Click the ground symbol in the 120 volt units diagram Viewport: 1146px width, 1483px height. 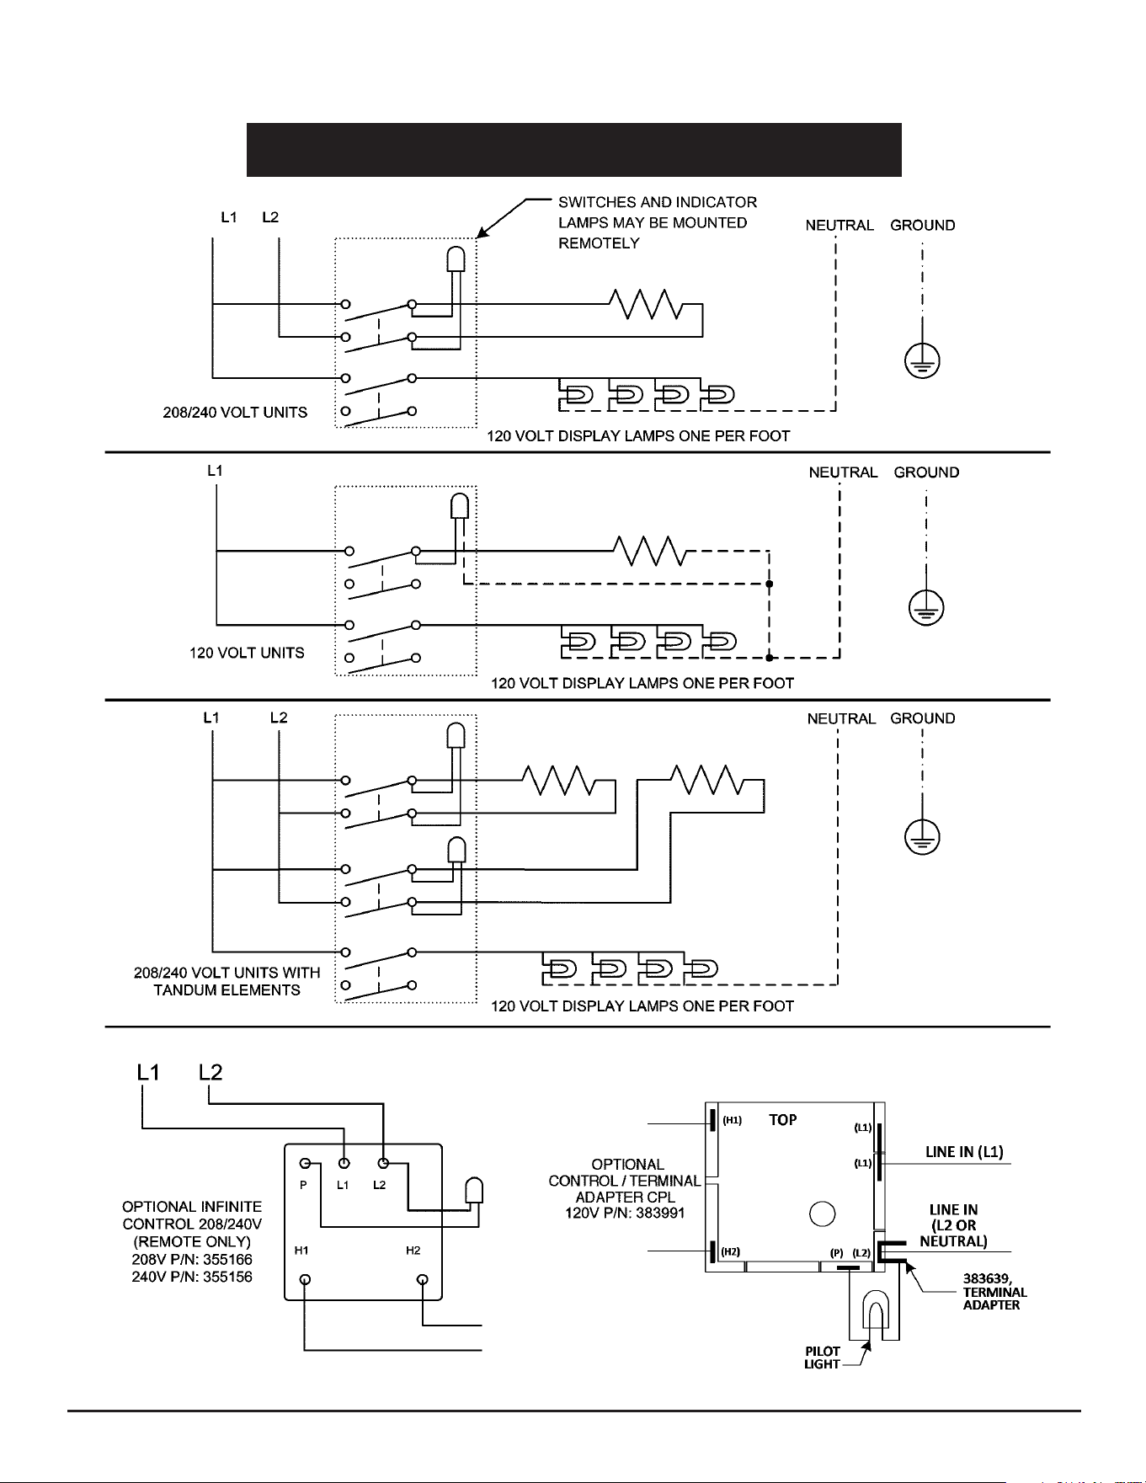[x=926, y=607]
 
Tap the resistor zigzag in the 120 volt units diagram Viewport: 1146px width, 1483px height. [x=651, y=551]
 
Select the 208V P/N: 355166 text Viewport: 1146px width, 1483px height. [x=193, y=1259]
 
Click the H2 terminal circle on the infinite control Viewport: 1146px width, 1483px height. [x=423, y=1280]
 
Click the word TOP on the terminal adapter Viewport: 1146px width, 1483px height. [x=783, y=1120]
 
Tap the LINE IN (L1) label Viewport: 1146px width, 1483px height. [x=964, y=1152]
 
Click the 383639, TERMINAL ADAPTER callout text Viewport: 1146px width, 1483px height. [x=995, y=1292]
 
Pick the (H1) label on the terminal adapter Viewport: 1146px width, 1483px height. [x=732, y=1120]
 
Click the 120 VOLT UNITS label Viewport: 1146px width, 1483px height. [x=247, y=653]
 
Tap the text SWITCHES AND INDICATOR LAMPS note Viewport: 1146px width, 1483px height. [x=658, y=222]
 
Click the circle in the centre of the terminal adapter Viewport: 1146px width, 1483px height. [x=822, y=1214]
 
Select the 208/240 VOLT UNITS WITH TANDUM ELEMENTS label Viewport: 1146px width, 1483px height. [x=227, y=981]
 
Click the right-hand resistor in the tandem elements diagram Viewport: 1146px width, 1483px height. [x=707, y=780]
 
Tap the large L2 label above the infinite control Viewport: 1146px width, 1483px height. [x=211, y=1072]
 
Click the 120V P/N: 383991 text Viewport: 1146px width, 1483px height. [x=625, y=1214]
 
